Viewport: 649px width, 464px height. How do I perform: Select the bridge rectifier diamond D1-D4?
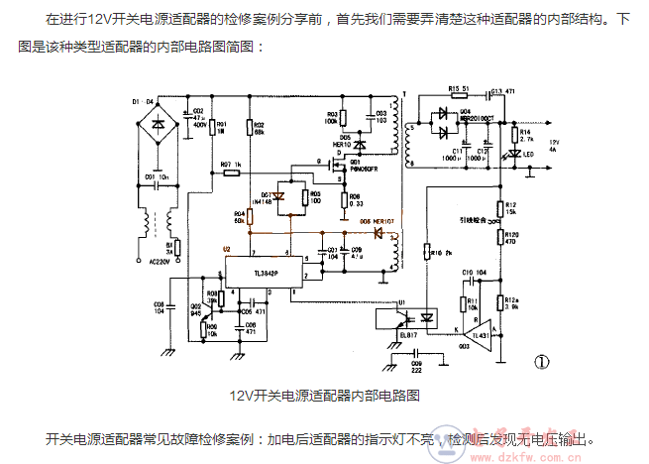click(x=158, y=126)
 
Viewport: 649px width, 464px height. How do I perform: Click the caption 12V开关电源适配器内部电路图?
click(x=326, y=395)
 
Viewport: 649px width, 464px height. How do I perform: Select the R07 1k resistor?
click(x=232, y=171)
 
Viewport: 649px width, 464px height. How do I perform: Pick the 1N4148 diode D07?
click(x=278, y=197)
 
